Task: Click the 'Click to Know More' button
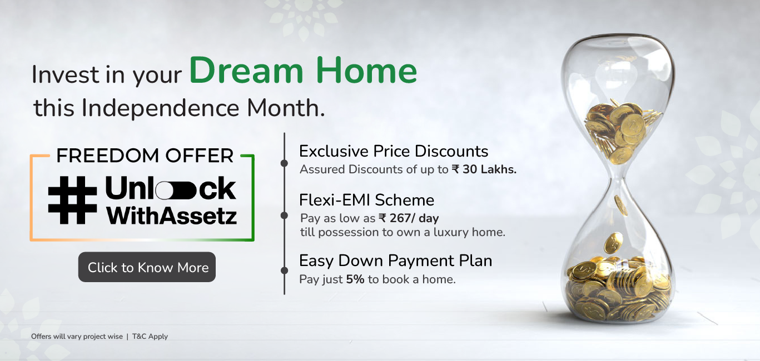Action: coord(147,267)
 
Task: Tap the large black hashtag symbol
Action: coord(72,200)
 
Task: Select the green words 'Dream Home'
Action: coord(303,70)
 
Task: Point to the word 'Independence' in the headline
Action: coord(161,108)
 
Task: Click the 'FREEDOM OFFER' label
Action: coord(145,156)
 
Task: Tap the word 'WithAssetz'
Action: coord(171,215)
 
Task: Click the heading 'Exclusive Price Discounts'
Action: coord(394,152)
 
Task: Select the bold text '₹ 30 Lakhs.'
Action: coord(484,169)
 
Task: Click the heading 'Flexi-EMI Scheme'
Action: coord(366,200)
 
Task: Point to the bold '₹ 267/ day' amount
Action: coord(409,218)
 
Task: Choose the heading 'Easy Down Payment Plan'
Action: coord(396,261)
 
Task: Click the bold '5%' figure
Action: coord(355,279)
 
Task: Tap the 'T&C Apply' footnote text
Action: coord(150,336)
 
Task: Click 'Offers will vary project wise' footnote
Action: coord(77,336)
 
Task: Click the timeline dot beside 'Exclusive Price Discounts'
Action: coord(284,163)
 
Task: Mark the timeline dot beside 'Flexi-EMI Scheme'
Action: coord(284,215)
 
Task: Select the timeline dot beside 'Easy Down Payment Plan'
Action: coord(284,270)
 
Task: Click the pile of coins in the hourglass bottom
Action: coord(619,290)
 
